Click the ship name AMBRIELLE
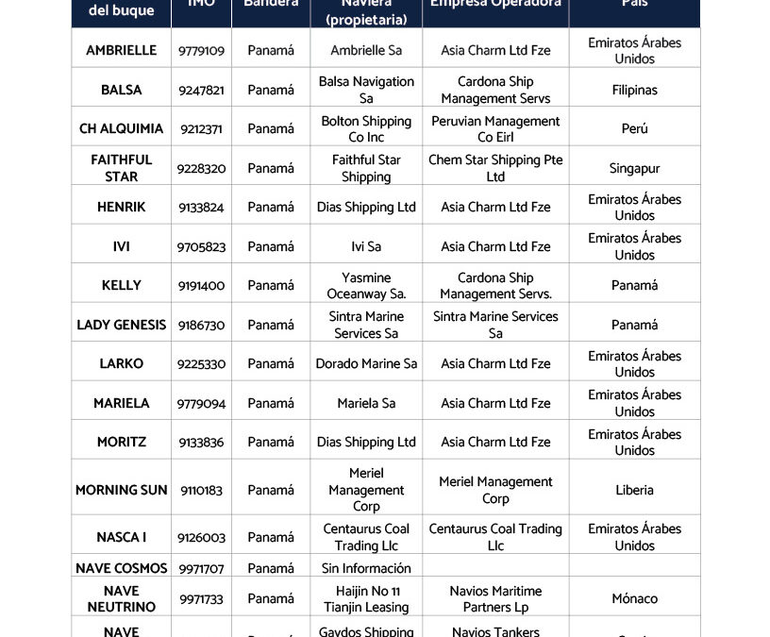coord(121,50)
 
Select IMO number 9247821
coord(201,90)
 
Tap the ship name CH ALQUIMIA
coord(121,128)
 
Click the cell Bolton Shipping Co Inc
coord(366,129)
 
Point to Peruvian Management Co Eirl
coord(495,129)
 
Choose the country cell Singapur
coord(634,169)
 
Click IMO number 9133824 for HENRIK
coord(201,208)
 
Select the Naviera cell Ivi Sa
coord(366,246)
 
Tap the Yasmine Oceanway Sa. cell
coord(366,286)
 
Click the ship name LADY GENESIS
coord(121,325)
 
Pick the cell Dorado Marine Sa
coord(366,363)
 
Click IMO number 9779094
coord(201,403)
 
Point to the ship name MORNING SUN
coord(121,490)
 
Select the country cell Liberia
coord(634,490)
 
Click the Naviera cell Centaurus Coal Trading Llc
coord(366,537)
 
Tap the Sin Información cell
coord(366,568)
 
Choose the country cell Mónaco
coord(634,598)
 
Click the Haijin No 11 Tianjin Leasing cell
coord(366,599)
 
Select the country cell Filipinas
coord(634,90)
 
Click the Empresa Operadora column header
coord(495,6)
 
